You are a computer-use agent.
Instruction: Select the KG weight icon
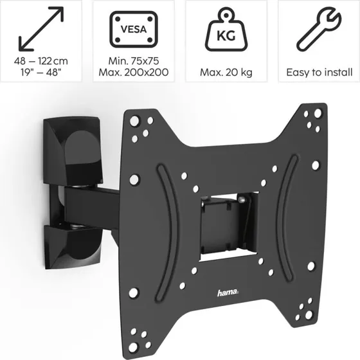tap(226, 29)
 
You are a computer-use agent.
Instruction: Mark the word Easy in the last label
tap(297, 73)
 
